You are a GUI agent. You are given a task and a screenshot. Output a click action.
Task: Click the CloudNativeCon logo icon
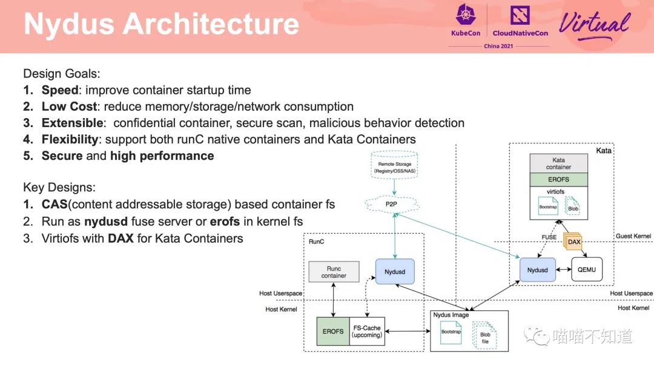[520, 15]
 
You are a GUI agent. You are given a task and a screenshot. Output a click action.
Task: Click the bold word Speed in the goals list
[60, 90]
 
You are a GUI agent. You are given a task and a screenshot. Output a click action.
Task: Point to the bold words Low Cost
[69, 107]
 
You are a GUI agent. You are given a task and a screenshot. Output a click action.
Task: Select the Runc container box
[334, 272]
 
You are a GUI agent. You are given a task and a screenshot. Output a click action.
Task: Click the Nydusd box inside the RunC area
[395, 272]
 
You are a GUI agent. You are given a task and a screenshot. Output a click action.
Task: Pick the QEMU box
[587, 270]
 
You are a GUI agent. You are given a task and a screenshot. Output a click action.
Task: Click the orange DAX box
[574, 242]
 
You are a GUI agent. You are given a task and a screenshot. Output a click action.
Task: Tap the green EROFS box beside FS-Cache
[333, 331]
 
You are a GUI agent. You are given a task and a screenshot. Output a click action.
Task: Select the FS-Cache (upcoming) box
[367, 331]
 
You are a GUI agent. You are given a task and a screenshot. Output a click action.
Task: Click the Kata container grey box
[558, 163]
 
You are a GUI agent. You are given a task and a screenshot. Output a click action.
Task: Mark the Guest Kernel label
[632, 235]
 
